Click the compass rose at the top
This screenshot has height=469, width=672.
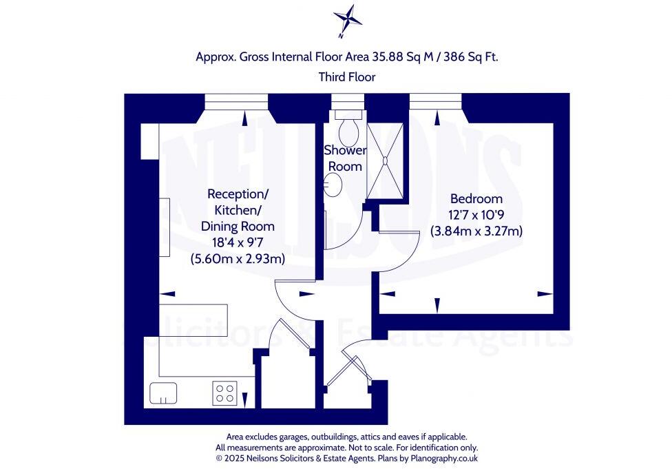tap(346, 18)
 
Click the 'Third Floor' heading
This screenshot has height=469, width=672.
tap(347, 77)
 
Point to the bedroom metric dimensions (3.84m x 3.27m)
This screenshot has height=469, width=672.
tap(476, 231)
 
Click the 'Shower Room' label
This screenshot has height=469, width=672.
tap(345, 158)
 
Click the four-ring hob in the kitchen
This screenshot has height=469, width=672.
tap(225, 393)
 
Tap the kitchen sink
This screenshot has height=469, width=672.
tap(164, 393)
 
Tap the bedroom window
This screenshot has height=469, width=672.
tap(435, 103)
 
